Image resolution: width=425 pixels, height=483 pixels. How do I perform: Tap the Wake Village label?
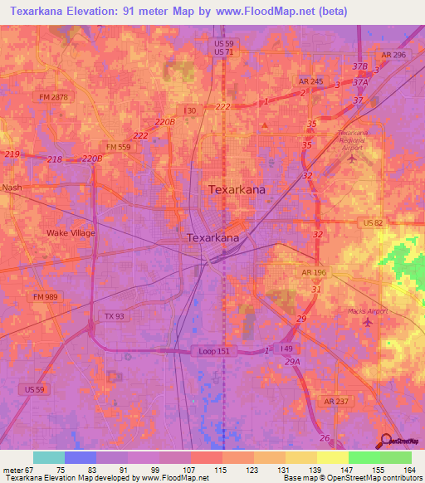(71, 233)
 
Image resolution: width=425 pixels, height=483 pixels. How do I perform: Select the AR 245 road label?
(310, 81)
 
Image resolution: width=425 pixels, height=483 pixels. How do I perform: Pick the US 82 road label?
(374, 224)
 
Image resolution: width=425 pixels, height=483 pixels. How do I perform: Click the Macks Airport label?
(368, 311)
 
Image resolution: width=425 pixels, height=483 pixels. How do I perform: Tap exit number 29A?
(292, 362)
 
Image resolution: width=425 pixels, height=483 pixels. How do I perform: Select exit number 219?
(12, 155)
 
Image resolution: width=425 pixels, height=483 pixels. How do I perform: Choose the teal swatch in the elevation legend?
(49, 457)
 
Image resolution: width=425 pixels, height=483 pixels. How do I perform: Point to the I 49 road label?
(286, 348)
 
